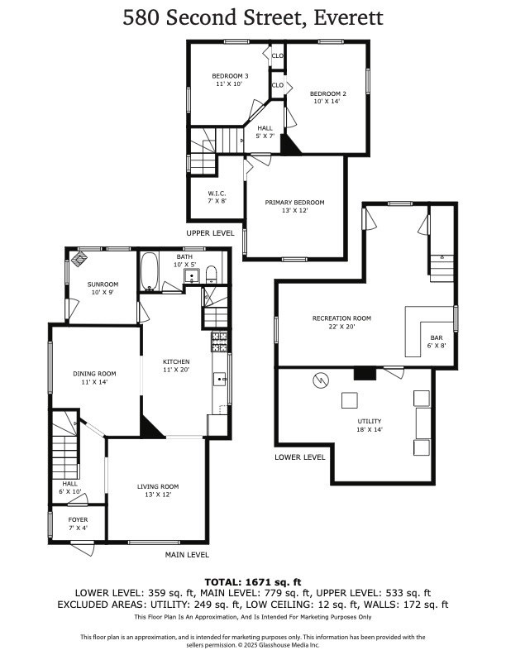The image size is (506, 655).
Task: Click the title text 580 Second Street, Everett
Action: (x=253, y=18)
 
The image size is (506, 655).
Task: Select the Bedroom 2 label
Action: (x=328, y=98)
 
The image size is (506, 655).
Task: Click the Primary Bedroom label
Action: (x=294, y=207)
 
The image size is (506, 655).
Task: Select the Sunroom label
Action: (x=103, y=289)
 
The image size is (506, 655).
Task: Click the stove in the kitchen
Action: (x=219, y=339)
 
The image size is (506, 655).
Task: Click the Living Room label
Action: (x=157, y=490)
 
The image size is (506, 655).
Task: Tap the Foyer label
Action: (x=78, y=524)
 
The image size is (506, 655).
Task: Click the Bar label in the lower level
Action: (x=437, y=342)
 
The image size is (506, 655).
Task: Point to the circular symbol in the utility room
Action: (x=320, y=380)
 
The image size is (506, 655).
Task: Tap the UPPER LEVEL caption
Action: (x=210, y=234)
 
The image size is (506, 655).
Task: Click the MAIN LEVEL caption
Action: (x=187, y=555)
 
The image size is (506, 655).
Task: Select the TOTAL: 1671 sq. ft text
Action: (x=253, y=582)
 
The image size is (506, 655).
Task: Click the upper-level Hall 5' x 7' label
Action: (x=265, y=132)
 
